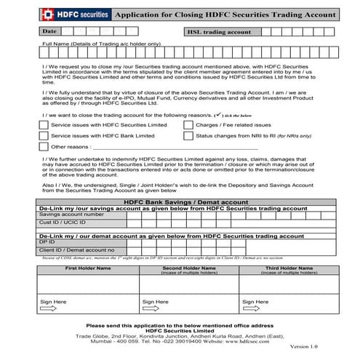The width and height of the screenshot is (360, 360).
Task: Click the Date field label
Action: pos(49,32)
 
